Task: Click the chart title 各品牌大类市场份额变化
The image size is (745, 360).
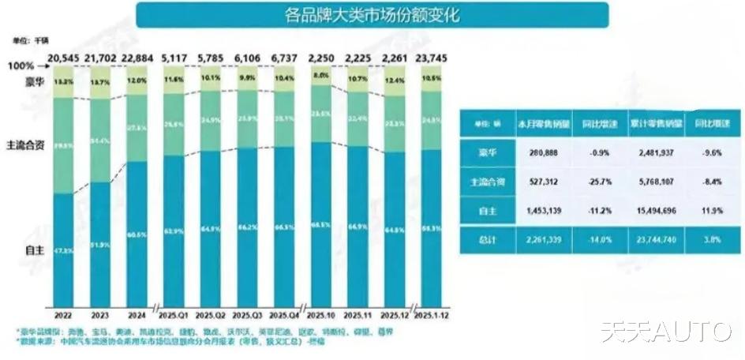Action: pos(372,14)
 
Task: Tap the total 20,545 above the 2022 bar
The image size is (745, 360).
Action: pos(65,58)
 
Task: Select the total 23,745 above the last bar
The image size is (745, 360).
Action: pos(430,58)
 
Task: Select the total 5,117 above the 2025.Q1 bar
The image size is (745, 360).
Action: pos(175,58)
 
